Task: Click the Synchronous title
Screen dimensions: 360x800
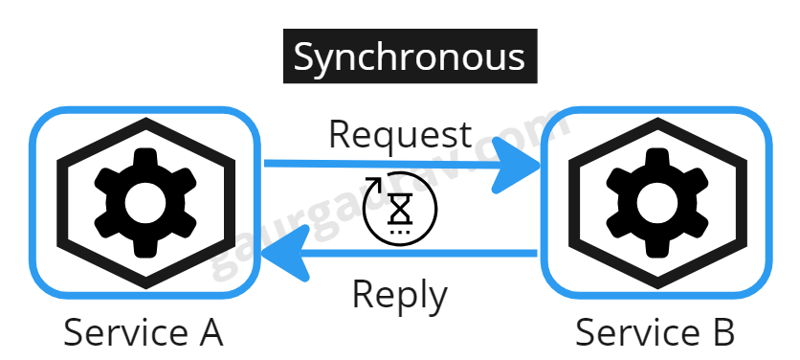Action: tap(409, 57)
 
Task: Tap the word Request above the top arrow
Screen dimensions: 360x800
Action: tap(400, 135)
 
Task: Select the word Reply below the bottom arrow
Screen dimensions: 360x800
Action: tap(399, 294)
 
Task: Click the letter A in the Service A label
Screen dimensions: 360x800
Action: tap(209, 333)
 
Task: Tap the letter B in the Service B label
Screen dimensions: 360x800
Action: tap(722, 333)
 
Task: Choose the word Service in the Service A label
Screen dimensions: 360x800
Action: tap(122, 333)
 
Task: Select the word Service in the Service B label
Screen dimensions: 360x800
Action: tap(633, 333)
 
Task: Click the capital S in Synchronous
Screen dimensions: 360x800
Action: tap(305, 57)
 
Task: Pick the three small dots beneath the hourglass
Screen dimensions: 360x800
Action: tap(399, 231)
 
